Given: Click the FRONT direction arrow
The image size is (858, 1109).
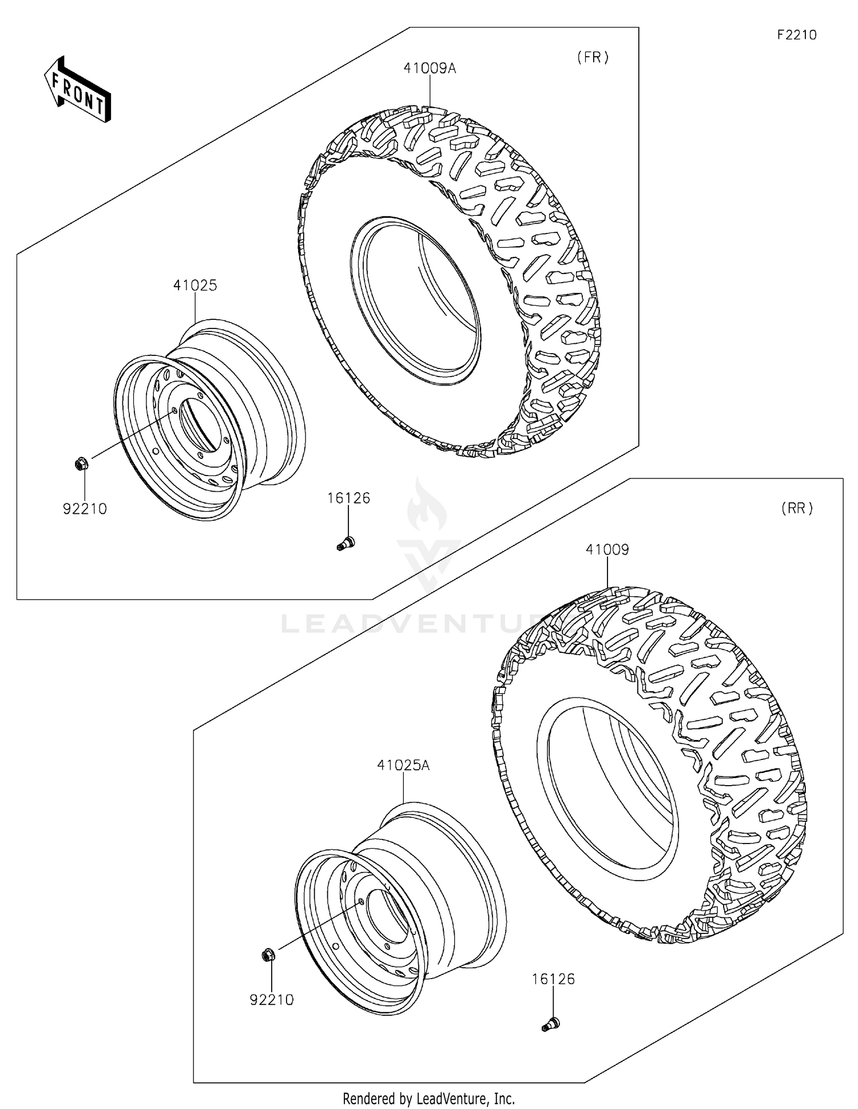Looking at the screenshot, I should tap(78, 90).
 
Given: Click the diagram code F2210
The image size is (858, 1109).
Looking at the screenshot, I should tap(796, 35).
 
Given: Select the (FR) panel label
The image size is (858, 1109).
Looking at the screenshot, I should tap(593, 57).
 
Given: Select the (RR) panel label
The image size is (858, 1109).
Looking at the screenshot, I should tap(796, 508).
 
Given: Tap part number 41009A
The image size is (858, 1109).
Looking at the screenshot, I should tap(430, 68).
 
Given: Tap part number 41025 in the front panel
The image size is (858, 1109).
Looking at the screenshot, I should tap(195, 285).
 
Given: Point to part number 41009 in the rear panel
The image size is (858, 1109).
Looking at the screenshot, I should tap(607, 549).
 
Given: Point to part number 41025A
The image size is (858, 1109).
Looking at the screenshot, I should tap(403, 765).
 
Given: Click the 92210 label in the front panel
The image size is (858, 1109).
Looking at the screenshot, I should tap(85, 509).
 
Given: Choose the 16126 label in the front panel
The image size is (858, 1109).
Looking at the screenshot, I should tap(348, 498).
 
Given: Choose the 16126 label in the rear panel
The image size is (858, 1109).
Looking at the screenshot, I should tap(553, 979).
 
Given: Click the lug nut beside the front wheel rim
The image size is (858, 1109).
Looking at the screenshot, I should tap(81, 463).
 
